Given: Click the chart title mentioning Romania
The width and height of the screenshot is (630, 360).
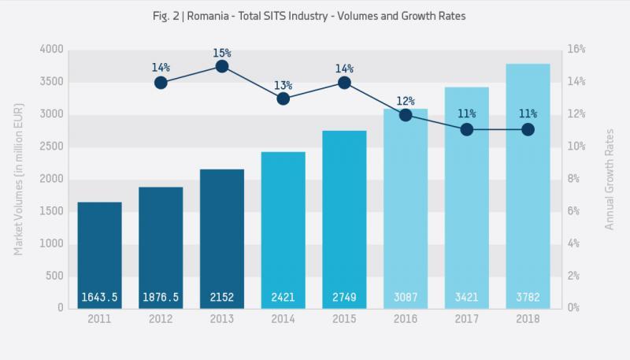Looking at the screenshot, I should coord(315,17).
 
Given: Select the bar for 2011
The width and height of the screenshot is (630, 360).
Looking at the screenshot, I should coord(99,252).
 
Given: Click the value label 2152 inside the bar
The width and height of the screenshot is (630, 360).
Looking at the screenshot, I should coord(222,297).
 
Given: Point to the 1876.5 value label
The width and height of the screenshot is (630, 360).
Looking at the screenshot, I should coord(161,297).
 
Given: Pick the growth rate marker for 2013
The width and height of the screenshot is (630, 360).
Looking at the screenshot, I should coord(222,66).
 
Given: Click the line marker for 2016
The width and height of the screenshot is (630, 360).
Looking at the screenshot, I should coord(406,115).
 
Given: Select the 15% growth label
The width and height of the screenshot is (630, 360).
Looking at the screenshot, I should coord(222,52).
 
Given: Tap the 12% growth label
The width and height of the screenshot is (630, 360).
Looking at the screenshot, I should coord(406,101).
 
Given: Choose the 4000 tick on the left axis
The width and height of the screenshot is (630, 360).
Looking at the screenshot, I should coord(49,50).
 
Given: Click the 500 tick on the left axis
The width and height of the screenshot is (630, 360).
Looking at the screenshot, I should coord(52,276).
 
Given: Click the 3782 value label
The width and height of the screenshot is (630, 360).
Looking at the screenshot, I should coord(528,297).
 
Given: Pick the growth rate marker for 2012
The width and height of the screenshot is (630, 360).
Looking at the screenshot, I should coord(161,83).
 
